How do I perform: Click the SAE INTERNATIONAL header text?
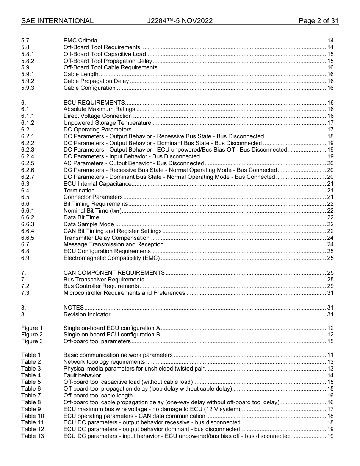(x=57, y=21)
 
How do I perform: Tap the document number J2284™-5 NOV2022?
(x=180, y=21)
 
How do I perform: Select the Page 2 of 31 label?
(x=318, y=21)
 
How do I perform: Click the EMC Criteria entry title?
(x=80, y=41)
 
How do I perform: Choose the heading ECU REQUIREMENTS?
(x=94, y=103)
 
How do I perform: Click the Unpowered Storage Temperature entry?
(x=107, y=123)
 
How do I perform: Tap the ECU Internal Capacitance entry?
(x=97, y=184)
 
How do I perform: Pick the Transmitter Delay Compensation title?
(x=106, y=238)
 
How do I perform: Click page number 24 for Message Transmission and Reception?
(x=330, y=244)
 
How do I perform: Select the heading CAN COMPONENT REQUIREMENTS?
(x=114, y=273)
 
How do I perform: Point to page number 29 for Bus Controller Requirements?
(x=330, y=286)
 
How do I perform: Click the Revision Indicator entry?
(x=87, y=314)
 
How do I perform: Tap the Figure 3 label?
(x=32, y=341)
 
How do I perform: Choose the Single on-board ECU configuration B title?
(x=112, y=335)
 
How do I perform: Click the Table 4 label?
(x=31, y=375)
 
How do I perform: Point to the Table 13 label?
(x=32, y=436)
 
